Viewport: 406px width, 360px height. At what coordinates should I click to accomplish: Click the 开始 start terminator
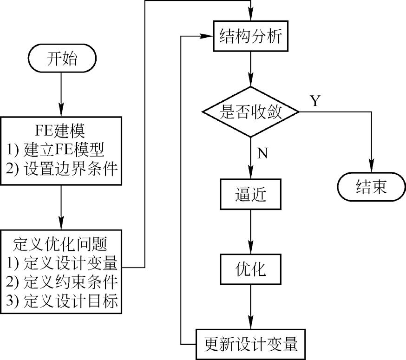pyautogui.click(x=61, y=59)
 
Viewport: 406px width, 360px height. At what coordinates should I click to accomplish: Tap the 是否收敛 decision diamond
pyautogui.click(x=251, y=112)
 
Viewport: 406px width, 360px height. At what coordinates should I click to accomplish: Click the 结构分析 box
pyautogui.click(x=251, y=36)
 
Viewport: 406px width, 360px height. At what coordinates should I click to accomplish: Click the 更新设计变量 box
pyautogui.click(x=251, y=344)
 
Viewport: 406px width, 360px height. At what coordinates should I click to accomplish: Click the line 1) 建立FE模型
pyautogui.click(x=61, y=149)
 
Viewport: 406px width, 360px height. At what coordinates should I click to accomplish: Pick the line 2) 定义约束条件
pyautogui.click(x=61, y=282)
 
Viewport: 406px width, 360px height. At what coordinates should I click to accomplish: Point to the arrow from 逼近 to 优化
pyautogui.click(x=251, y=232)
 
